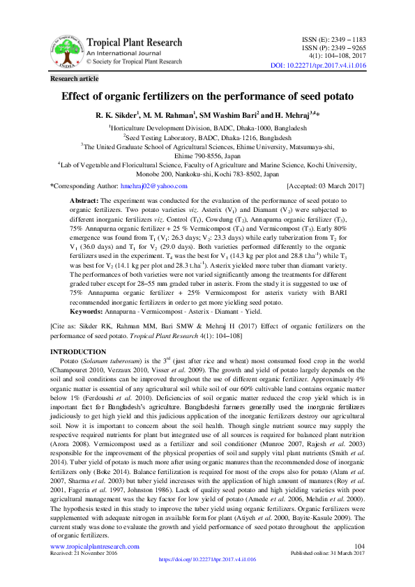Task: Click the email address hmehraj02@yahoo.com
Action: tap(154, 186)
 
